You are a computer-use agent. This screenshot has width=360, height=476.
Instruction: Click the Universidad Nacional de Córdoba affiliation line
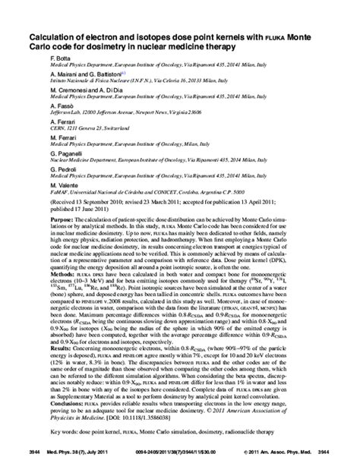144,194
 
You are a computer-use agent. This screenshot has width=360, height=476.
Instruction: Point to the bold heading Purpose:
62,219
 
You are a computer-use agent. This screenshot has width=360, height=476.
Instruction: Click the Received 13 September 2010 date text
90,203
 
